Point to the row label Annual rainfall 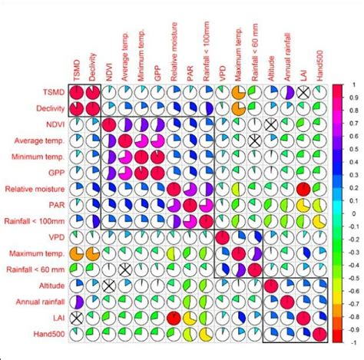click(x=38, y=301)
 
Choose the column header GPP click(x=158, y=68)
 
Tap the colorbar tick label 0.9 click(x=355, y=97)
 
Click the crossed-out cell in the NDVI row click(x=270, y=125)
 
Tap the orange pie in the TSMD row click(x=238, y=93)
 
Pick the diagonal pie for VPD click(x=222, y=237)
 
